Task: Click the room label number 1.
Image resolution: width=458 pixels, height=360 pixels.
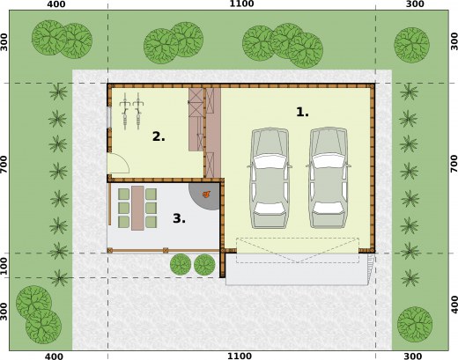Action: pos(302,112)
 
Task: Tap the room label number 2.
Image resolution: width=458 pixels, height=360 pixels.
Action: pos(159,136)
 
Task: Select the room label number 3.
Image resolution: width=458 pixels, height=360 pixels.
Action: pos(179,218)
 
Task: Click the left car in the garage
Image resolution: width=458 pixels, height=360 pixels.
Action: pos(270,178)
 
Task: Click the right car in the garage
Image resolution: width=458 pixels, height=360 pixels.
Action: pos(329,178)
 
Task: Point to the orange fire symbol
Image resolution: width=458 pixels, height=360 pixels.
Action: pos(207,194)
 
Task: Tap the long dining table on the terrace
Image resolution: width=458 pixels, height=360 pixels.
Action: pos(137,208)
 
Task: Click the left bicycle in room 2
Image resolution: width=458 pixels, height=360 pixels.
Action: pos(125,111)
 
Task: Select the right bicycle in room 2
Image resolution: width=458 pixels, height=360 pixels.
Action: pos(138,111)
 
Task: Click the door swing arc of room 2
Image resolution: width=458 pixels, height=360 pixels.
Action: pos(126,161)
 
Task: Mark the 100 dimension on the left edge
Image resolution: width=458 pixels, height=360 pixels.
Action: pos(4,266)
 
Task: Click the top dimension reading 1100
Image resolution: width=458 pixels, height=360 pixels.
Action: pos(241,4)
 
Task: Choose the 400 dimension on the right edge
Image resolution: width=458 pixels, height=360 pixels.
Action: pos(454,305)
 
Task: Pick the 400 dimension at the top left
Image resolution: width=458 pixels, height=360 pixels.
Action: pos(56,4)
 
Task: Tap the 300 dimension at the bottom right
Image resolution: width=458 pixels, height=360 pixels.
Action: pos(413,356)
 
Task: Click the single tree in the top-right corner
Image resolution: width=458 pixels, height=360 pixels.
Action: pos(411,45)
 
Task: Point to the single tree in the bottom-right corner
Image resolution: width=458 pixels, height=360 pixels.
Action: pos(415,324)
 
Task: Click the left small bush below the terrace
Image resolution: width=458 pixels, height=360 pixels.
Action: pos(181,264)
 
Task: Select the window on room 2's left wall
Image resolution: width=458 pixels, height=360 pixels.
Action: pos(109,117)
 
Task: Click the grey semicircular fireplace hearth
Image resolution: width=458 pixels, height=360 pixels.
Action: pos(205,196)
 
